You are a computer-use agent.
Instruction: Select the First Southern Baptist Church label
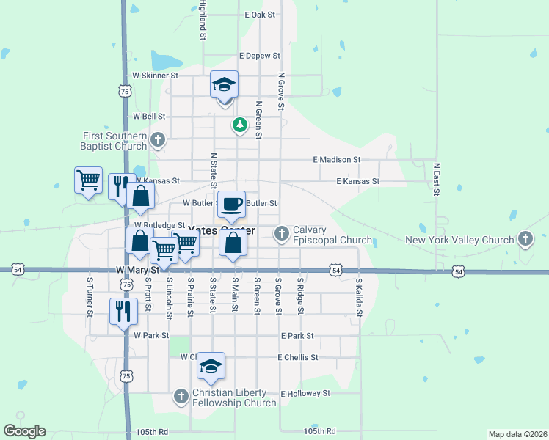115,141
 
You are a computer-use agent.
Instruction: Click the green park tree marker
239,125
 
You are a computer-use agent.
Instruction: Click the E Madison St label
336,159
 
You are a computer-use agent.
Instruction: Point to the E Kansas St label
357,181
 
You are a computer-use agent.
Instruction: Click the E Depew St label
260,56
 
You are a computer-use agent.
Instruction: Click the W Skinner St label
155,76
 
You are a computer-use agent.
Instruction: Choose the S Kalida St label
359,296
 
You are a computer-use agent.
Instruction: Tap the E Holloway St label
305,394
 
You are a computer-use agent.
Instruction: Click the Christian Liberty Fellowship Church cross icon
181,397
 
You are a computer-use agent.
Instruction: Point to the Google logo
24,431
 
